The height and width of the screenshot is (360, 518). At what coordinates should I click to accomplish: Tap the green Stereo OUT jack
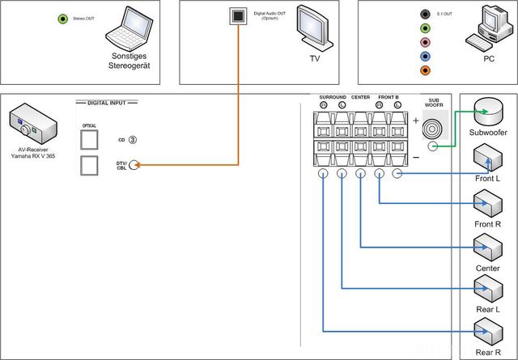[x=62, y=19]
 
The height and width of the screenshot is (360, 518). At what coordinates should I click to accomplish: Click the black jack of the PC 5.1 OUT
[x=425, y=14]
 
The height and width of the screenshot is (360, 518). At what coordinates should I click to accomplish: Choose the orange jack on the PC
[x=425, y=71]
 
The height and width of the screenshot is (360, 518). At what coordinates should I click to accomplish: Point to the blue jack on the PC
[x=425, y=57]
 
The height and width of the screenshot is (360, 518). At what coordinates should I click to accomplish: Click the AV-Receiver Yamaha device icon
[x=32, y=125]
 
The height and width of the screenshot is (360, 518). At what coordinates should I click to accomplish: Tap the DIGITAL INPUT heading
[x=106, y=103]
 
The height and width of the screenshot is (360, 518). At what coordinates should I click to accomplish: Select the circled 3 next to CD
[x=132, y=139]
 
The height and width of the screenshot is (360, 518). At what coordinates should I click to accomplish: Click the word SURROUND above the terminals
[x=332, y=97]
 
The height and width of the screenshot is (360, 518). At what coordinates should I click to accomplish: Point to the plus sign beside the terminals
[x=416, y=120]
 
